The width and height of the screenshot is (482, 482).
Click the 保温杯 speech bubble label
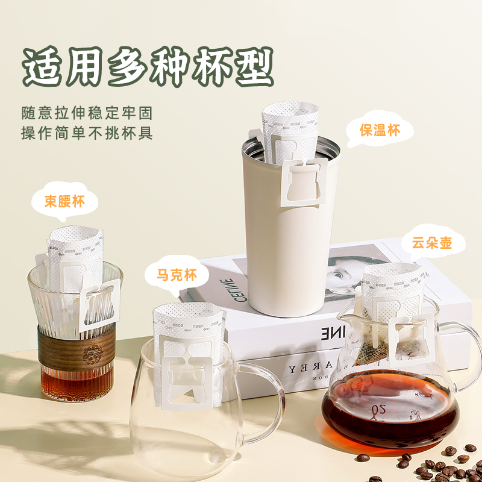[379, 130]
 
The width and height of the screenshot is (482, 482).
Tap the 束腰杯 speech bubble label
[64, 202]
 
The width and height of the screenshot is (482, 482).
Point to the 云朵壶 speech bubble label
[431, 244]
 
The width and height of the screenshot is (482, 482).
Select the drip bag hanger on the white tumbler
[304, 181]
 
